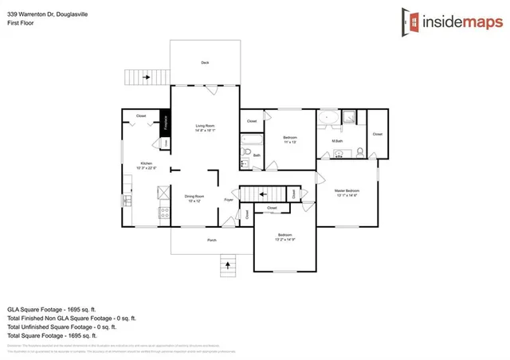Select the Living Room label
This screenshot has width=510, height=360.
click(205, 125)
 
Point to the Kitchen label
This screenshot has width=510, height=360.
click(146, 163)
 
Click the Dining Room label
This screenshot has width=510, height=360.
click(195, 196)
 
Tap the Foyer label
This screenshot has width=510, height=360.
click(229, 201)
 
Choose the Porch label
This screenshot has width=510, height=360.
click(211, 239)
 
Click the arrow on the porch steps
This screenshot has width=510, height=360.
click(229, 264)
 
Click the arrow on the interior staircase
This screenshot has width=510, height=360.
click(261, 194)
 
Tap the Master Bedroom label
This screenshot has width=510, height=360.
click(346, 191)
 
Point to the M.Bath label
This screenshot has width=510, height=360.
click(337, 142)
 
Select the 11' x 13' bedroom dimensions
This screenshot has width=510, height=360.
click(290, 143)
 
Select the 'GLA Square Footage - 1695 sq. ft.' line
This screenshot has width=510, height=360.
click(52, 308)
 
